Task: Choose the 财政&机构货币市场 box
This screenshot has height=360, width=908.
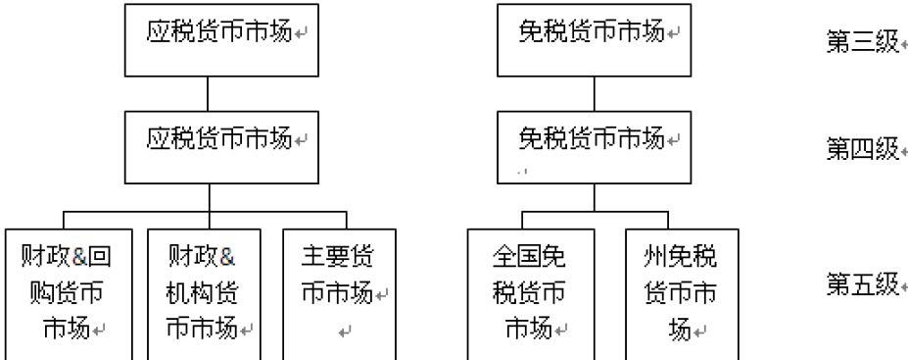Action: [205, 293]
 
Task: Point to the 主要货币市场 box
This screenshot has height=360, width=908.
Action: [339, 293]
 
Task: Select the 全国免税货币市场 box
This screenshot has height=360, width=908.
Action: [528, 293]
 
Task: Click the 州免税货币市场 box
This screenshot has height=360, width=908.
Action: [682, 293]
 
